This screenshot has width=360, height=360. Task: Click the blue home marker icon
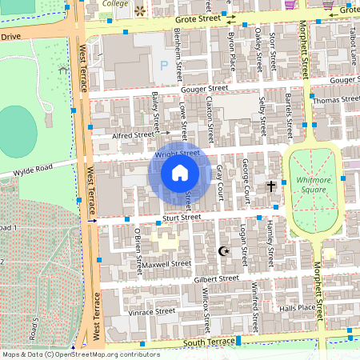180,172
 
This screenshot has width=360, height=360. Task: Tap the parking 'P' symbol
164,65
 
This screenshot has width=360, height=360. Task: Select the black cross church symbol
271,186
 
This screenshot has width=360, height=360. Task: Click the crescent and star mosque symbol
224,251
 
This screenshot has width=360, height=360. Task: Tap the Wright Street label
177,153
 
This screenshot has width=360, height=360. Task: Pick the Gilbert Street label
216,279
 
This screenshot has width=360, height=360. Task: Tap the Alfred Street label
133,136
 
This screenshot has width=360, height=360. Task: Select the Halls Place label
298,307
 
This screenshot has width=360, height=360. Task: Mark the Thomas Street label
337,100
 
